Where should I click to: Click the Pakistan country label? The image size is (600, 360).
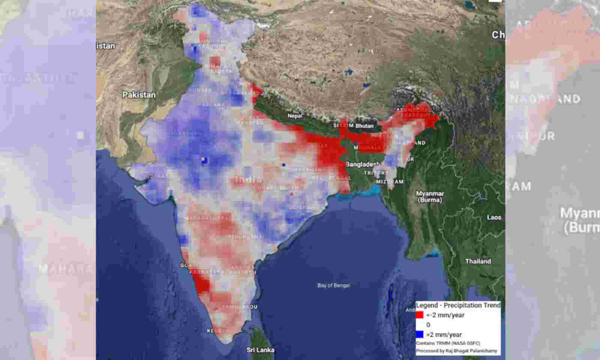pyautogui.click(x=139, y=95)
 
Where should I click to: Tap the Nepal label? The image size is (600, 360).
pyautogui.click(x=295, y=116)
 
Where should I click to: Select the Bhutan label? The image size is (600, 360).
pyautogui.click(x=364, y=126)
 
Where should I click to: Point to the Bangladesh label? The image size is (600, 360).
pyautogui.click(x=363, y=164)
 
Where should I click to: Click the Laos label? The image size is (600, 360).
pyautogui.click(x=494, y=217)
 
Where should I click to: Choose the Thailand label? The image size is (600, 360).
pyautogui.click(x=478, y=261)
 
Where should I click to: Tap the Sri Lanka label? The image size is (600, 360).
pyautogui.click(x=260, y=350)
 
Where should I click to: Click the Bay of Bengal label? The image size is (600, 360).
pyautogui.click(x=333, y=285)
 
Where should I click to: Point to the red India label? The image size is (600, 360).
pyautogui.click(x=249, y=179)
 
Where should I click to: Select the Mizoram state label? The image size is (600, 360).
pyautogui.click(x=390, y=182)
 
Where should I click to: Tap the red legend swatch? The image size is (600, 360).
pyautogui.click(x=420, y=315)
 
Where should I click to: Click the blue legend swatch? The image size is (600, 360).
pyautogui.click(x=420, y=334)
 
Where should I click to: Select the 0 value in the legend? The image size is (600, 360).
pyautogui.click(x=428, y=325)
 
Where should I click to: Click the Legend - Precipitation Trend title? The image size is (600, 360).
pyautogui.click(x=458, y=305)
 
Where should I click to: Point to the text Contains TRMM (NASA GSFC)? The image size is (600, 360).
pyautogui.click(x=448, y=343)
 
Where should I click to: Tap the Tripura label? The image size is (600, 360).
pyautogui.click(x=376, y=173)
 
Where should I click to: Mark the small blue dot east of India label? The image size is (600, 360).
pyautogui.click(x=283, y=165)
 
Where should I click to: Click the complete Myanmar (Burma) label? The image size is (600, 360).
pyautogui.click(x=430, y=197)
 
